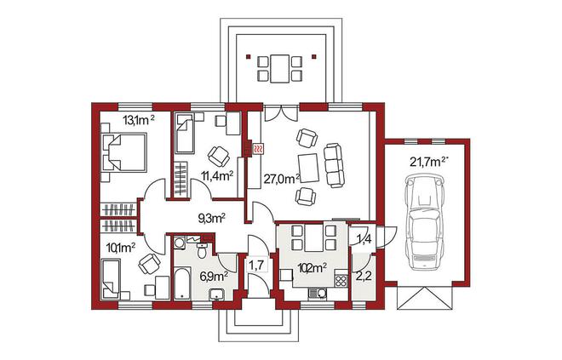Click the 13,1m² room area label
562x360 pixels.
pos(139,120)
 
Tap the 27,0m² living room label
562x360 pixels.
pos(282,179)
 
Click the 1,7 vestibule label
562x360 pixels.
pos(256,265)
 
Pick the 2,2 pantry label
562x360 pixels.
pos(364,277)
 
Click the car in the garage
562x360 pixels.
pos(425,221)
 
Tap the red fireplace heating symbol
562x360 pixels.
pos(258,148)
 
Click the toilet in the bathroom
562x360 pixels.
pos(202,250)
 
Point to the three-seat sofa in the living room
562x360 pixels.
pos(334,165)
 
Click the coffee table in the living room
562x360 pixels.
pos(308,168)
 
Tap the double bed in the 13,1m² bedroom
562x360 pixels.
pos(124,153)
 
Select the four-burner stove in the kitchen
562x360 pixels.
pos(341,281)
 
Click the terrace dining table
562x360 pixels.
pos(279,68)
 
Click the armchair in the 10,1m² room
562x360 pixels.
pos(149,264)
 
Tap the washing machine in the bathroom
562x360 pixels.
pos(179,243)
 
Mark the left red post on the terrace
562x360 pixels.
pos(247,56)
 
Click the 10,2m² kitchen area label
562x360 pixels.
pos(313,267)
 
